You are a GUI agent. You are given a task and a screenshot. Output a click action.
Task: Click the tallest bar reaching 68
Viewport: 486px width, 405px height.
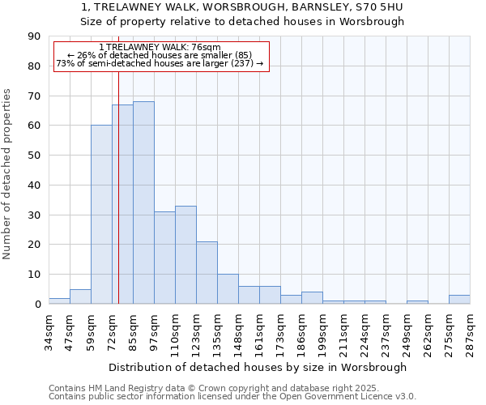click(143, 202)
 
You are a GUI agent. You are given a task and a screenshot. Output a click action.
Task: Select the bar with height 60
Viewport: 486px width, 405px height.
click(101, 215)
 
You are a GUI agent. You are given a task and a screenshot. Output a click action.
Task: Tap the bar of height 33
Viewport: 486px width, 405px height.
click(185, 254)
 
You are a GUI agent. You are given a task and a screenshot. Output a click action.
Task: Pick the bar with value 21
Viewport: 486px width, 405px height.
click(207, 272)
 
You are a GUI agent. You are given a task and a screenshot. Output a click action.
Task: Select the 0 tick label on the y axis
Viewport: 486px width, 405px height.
click(38, 305)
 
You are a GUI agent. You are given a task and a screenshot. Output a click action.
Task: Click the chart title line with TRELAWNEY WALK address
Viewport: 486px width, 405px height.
click(242, 7)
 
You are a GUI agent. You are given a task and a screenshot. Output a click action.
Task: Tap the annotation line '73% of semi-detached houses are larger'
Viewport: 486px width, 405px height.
click(160, 63)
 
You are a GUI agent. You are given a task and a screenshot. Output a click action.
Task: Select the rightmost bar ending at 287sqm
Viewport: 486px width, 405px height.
click(459, 299)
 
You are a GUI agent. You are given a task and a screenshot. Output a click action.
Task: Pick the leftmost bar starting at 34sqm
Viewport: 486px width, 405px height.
click(59, 301)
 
